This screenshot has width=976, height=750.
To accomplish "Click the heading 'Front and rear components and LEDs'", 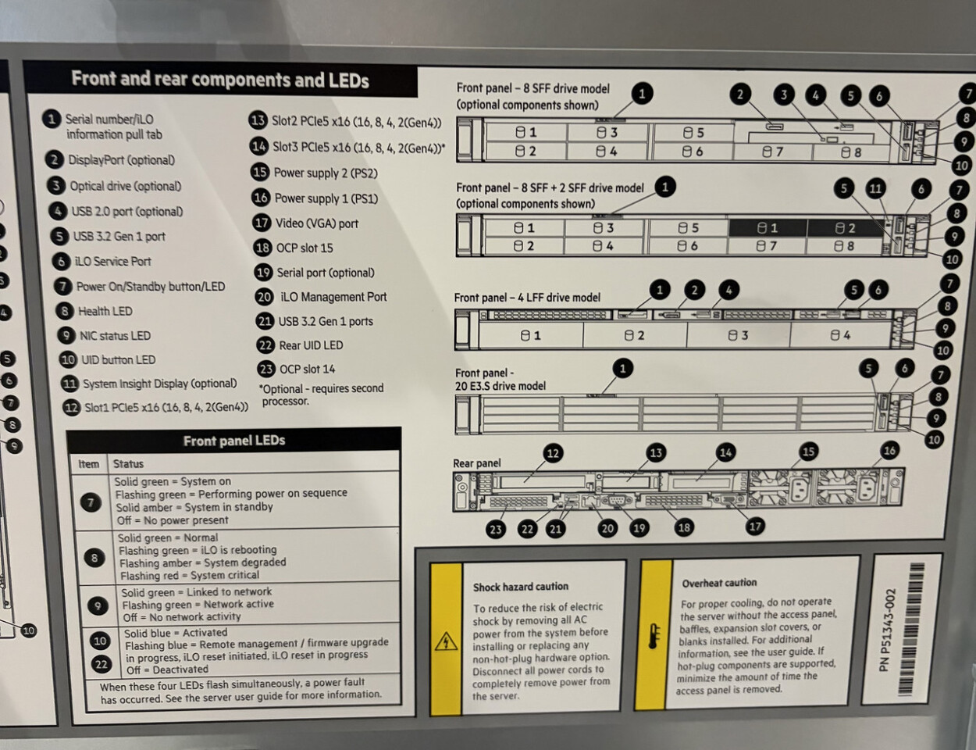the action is [220, 80].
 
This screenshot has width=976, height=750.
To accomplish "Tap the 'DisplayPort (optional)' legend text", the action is [121, 160].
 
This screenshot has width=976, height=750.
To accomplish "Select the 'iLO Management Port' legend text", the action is [333, 297].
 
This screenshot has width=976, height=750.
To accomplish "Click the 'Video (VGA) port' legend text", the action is [317, 223].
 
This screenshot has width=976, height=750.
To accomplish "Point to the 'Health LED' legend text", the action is [105, 312].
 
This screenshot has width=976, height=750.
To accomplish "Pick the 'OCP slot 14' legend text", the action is [307, 370].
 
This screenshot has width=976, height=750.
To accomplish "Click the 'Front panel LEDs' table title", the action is [234, 441].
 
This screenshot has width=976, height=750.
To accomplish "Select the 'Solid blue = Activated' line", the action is [176, 633].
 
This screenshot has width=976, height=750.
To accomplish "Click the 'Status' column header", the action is [128, 464].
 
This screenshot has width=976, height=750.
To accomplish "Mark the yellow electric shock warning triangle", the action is [446, 641].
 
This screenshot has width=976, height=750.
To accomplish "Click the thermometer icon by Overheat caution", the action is [655, 635].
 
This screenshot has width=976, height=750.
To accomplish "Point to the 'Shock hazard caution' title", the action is [521, 587].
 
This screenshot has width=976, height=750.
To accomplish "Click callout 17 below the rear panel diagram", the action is [755, 527].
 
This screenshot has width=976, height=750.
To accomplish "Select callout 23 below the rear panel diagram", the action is [495, 530].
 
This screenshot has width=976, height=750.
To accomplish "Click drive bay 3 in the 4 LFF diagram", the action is [738, 335].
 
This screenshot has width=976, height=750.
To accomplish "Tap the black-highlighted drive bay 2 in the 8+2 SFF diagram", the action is [845, 228].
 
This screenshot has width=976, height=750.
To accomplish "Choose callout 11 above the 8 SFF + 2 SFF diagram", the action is [875, 189].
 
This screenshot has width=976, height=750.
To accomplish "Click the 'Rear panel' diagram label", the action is [476, 463].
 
